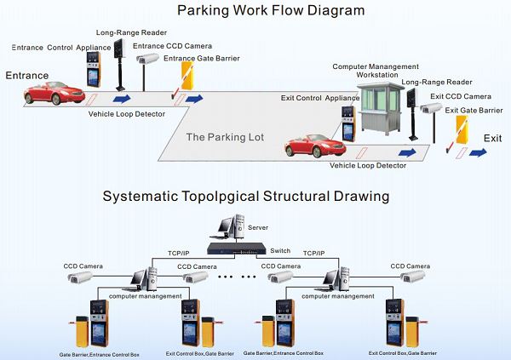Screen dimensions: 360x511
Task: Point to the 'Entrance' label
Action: [x=26, y=76]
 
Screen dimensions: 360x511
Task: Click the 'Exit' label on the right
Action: [x=492, y=138]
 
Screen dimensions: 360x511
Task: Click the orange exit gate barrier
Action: [x=460, y=131]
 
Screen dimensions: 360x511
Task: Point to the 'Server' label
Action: [x=258, y=228]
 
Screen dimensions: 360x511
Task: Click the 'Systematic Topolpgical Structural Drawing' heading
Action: [x=246, y=196]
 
